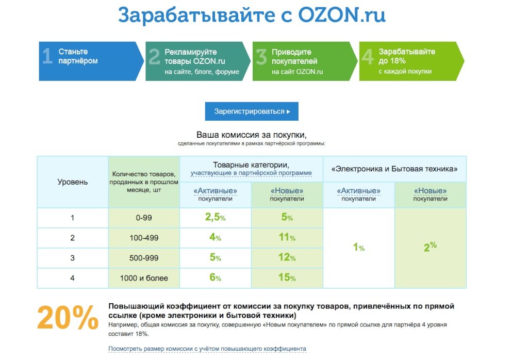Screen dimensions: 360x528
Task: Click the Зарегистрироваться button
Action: tap(252, 111)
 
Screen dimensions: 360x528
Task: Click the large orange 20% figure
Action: tap(68, 318)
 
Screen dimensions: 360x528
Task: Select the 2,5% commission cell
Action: tap(215, 218)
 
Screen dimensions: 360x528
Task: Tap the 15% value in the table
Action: tap(287, 278)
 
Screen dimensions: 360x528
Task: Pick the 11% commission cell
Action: tap(287, 238)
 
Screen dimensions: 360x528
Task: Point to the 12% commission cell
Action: tap(287, 258)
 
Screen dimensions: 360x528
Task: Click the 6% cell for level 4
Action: tap(215, 278)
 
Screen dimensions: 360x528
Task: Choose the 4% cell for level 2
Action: tap(215, 238)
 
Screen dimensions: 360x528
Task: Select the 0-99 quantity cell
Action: tap(144, 218)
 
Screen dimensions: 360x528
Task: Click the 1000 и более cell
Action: tap(144, 279)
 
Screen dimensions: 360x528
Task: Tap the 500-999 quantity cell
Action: tap(144, 258)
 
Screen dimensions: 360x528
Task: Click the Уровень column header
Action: tap(72, 182)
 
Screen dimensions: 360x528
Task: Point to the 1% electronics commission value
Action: tap(358, 248)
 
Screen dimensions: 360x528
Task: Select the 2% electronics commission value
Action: tap(430, 247)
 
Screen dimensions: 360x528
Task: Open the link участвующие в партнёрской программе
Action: tap(251, 173)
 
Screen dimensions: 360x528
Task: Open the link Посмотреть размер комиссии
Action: tap(207, 349)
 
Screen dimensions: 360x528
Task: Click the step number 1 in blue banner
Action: tap(47, 57)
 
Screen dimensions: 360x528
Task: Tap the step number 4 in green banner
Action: tap(367, 57)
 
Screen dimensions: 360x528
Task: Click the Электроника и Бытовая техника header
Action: tap(394, 169)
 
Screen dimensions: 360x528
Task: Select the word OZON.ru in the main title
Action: tap(341, 15)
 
